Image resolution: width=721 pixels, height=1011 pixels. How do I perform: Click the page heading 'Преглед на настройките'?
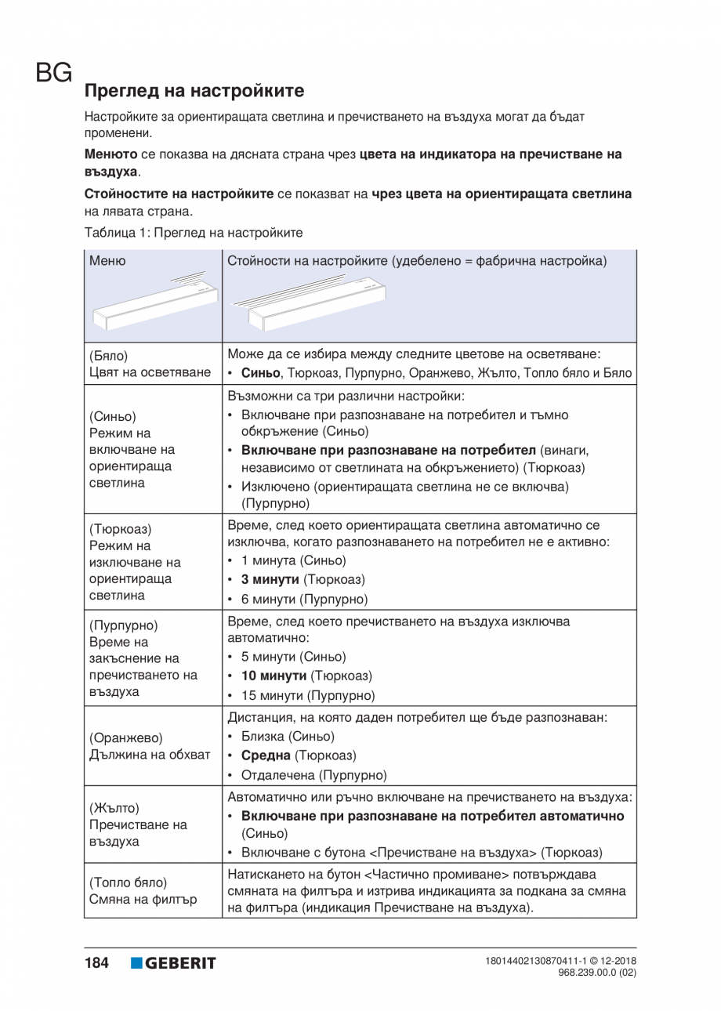(x=194, y=91)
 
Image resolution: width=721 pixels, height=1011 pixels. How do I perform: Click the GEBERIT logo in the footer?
(x=173, y=963)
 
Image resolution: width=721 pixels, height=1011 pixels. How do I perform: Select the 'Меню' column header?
(x=107, y=260)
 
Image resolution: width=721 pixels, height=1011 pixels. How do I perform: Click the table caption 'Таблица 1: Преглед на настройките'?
(x=193, y=233)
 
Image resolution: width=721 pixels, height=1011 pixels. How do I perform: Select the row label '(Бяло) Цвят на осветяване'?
(x=149, y=362)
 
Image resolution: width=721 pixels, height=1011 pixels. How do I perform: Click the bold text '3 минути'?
(x=270, y=580)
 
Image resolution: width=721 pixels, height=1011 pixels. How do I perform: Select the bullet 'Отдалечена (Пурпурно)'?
(x=313, y=776)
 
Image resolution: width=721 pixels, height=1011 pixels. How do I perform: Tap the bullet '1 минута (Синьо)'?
(x=292, y=561)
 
